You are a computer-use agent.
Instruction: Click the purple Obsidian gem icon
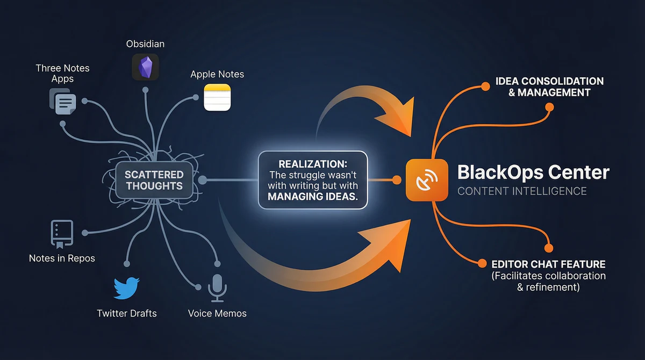pos(145,67)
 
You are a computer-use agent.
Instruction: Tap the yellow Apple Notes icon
pos(217,97)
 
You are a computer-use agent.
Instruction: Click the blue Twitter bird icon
pos(127,289)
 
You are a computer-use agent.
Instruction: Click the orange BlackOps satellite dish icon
pos(427,180)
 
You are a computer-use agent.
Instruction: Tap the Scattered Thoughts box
pos(154,181)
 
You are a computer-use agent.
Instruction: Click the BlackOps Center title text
pos(533,172)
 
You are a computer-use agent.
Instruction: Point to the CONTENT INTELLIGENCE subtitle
pos(521,191)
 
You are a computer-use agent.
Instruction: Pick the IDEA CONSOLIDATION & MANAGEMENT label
pos(549,87)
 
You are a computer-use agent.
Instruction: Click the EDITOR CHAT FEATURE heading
pos(548,264)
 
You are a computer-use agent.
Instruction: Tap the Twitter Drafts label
pos(127,313)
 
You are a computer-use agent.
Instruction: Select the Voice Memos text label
pos(217,313)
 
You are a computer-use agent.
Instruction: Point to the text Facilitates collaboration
pos(548,276)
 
